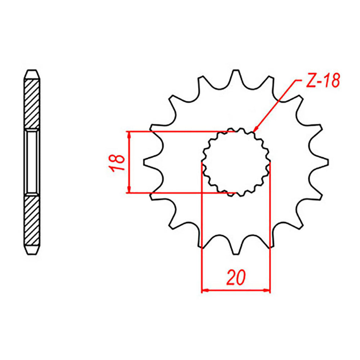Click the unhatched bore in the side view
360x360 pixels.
tap(32, 162)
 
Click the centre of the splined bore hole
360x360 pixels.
tap(236, 162)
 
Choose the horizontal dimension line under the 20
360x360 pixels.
tap(236, 290)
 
